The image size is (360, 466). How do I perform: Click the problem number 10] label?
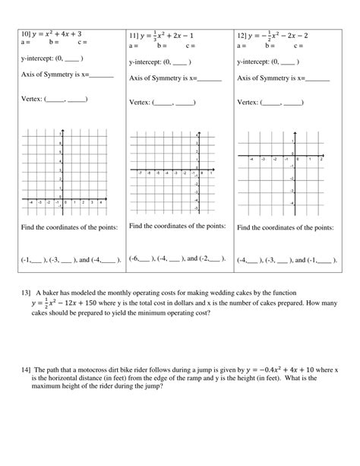click(x=27, y=35)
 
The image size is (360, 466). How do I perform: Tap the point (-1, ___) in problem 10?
click(x=33, y=259)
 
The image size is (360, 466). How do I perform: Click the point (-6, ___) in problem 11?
click(x=141, y=258)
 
